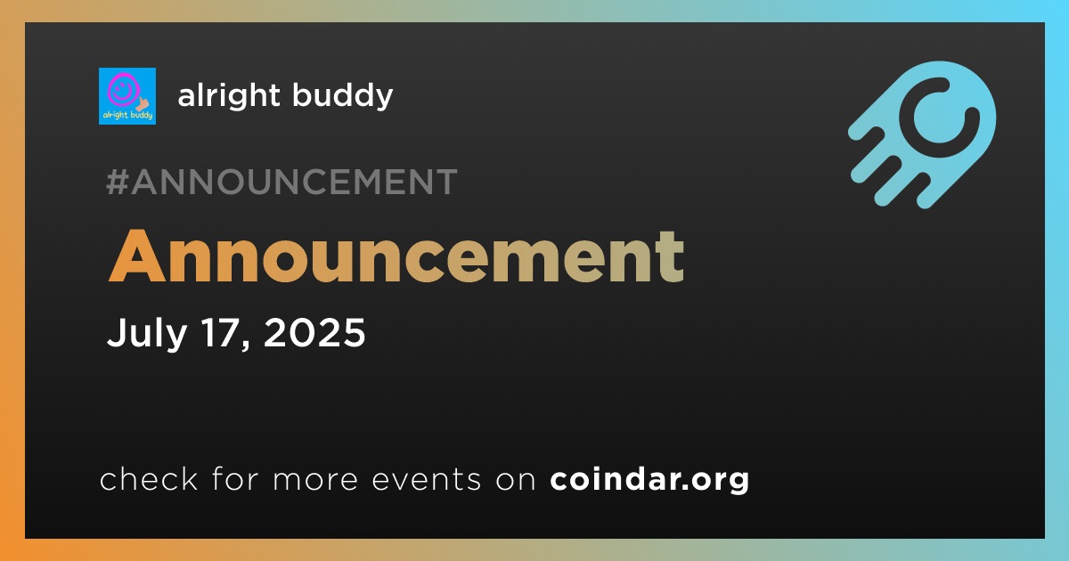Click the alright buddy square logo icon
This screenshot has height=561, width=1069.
coord(127,96)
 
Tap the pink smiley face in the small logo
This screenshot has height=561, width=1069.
coord(123,89)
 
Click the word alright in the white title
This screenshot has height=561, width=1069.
coord(229,96)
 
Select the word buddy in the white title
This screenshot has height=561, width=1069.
coord(343,96)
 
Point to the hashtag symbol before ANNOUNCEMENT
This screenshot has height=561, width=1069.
coord(117,182)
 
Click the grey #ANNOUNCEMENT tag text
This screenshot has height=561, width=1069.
coord(282,182)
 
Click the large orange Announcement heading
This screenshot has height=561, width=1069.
coord(396,256)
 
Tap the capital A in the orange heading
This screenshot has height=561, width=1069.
coord(137,256)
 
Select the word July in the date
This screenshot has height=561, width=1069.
coord(146,333)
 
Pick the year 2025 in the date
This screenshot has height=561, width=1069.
coord(314,332)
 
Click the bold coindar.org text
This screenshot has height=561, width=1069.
coord(649,479)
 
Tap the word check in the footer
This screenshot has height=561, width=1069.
coord(149,478)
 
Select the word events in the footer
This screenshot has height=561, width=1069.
coord(427,480)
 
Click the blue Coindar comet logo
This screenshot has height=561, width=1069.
coord(922,134)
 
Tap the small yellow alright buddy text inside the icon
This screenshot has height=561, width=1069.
coord(127,115)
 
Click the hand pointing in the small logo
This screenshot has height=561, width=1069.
coord(143,103)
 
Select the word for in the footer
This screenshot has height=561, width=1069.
coord(235,478)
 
